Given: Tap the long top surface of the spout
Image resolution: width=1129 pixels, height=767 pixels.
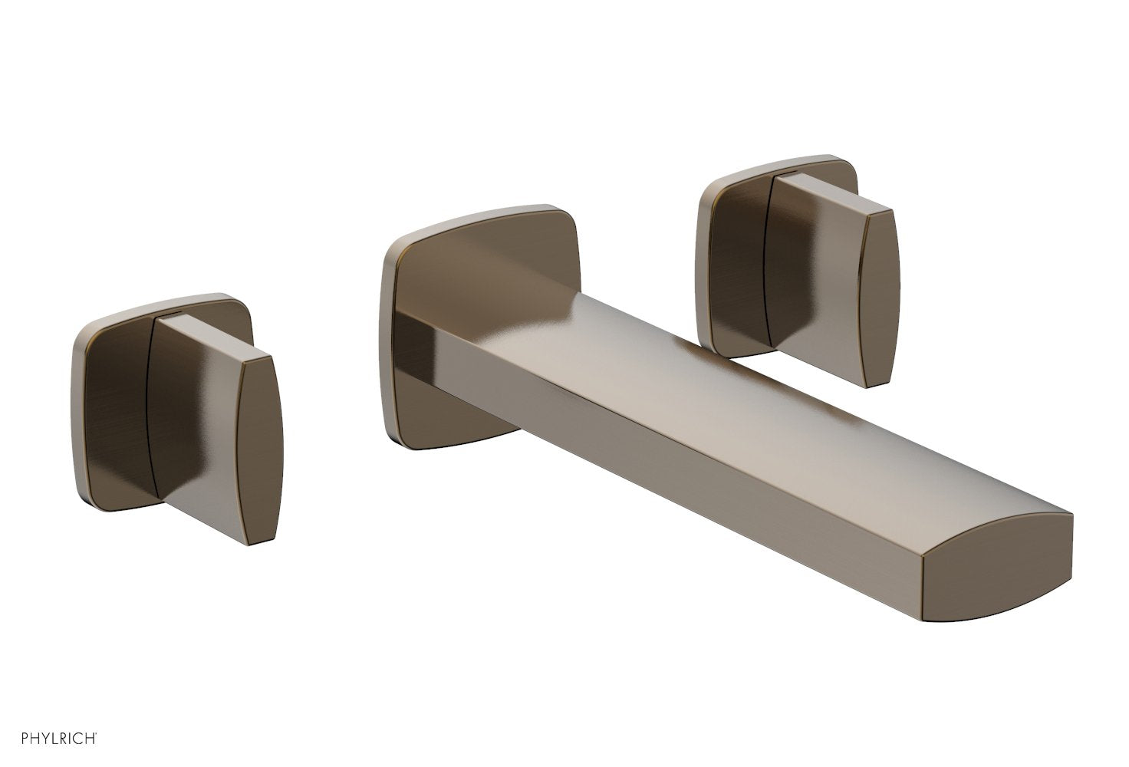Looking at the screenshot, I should point(729,383).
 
